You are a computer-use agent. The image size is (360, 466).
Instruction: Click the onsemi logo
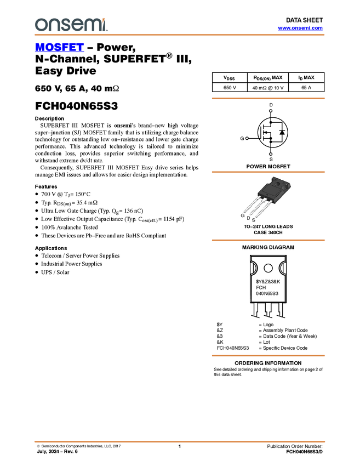pos(71,25)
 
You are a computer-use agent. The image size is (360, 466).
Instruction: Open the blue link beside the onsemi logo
pos(300,28)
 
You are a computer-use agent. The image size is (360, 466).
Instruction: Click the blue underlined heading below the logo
pos(59,48)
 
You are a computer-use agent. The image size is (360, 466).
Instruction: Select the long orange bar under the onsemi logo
pos(179,35)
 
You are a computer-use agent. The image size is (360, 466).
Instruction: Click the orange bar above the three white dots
pos(268,99)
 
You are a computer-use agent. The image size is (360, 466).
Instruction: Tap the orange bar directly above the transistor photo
pos(268,172)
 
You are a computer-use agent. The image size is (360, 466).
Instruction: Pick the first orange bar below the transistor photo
pos(268,240)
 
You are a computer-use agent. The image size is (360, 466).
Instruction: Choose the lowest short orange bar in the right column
pos(268,356)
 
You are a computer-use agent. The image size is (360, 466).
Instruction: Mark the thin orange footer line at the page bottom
pos(179,441)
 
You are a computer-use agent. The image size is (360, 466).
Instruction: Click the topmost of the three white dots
pos(271,111)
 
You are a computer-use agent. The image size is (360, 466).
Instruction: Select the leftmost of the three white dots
pos(247,138)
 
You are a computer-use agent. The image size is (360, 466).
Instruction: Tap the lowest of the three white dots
pos(271,155)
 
